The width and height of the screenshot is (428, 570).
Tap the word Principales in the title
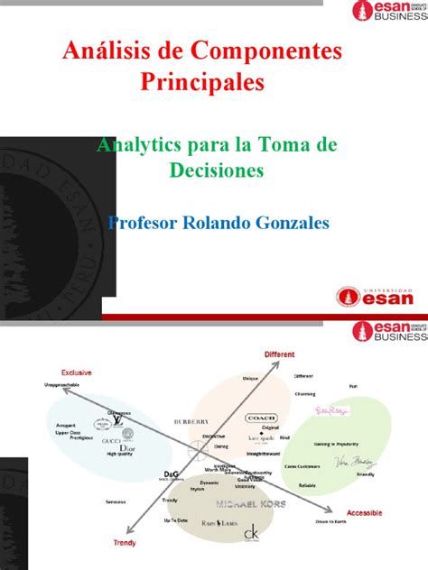[x=202, y=84]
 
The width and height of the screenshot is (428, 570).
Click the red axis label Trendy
[x=124, y=543]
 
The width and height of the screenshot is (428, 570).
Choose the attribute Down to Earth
[x=331, y=521]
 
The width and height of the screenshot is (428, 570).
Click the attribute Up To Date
[x=176, y=521]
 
